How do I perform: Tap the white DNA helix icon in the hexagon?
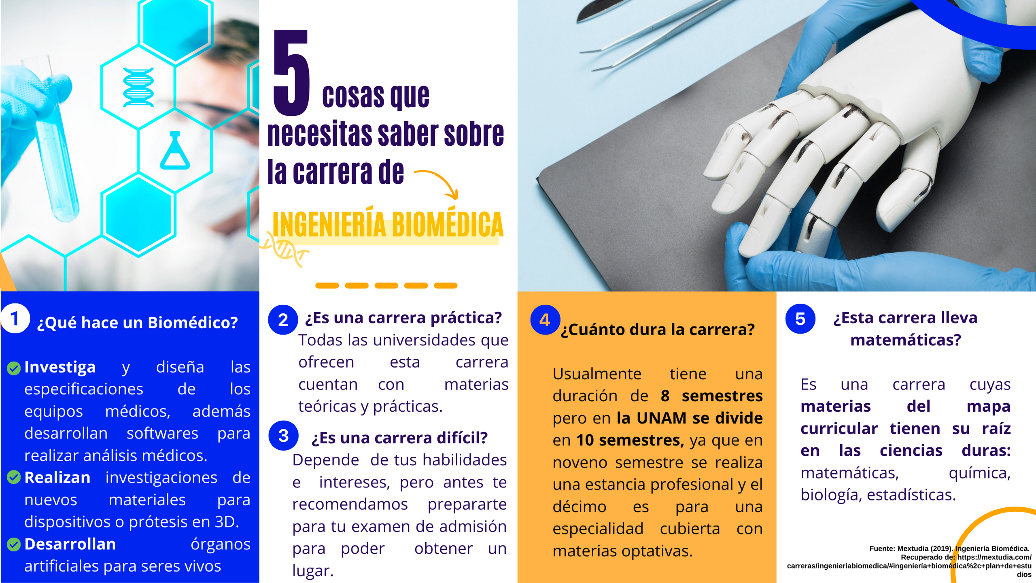[x=138, y=87]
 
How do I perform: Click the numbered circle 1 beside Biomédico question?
[x=15, y=319]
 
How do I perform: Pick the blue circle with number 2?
[x=283, y=320]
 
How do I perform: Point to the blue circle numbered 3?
[x=284, y=436]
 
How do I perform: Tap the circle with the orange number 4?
[x=545, y=320]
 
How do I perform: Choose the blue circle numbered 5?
[x=800, y=319]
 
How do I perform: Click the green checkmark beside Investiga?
[x=14, y=368]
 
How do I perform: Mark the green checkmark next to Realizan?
[x=14, y=477]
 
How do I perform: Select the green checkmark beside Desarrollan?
[x=14, y=544]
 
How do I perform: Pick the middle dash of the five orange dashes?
[x=386, y=285]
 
